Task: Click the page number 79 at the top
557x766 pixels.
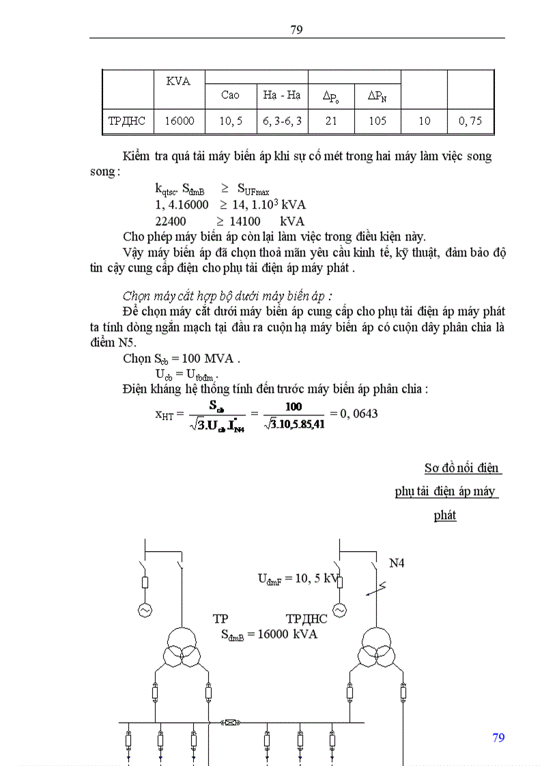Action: tap(296, 29)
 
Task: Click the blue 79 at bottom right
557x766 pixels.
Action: tap(498, 738)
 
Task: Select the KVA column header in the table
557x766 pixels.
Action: tap(178, 80)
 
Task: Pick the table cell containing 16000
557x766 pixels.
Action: tap(180, 121)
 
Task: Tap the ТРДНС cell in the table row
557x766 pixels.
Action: tap(127, 121)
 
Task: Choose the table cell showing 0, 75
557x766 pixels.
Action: tap(470, 121)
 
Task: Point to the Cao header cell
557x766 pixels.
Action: tap(230, 95)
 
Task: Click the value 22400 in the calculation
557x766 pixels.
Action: tap(171, 221)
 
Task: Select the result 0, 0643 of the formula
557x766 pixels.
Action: tap(354, 413)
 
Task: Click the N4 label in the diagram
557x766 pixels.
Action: tap(397, 563)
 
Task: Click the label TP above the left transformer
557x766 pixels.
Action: tap(220, 619)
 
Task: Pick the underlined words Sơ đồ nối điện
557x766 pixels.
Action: tap(463, 469)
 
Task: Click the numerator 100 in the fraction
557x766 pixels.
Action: tap(294, 407)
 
